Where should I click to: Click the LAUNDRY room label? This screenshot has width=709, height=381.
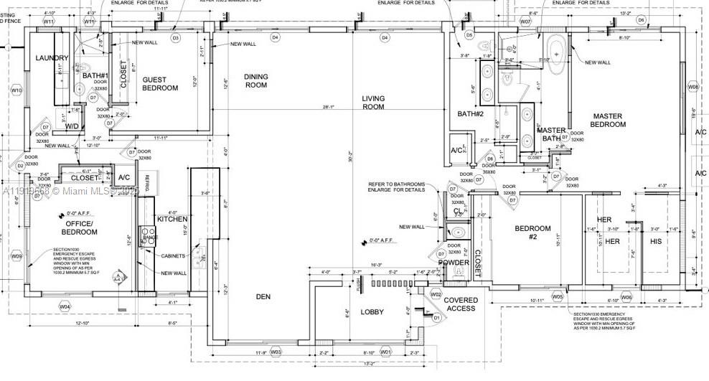tap(52, 58)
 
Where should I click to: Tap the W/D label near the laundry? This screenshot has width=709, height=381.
tap(72, 127)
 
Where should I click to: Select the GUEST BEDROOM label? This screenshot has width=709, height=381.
tap(159, 84)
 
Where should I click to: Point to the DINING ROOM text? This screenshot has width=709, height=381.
tap(255, 80)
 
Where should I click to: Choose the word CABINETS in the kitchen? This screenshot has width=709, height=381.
tap(174, 256)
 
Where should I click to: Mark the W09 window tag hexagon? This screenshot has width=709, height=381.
tap(16, 256)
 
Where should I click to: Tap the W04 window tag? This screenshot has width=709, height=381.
tap(65, 307)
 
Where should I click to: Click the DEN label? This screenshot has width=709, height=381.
tap(265, 296)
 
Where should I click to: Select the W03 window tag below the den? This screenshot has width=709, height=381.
tap(276, 352)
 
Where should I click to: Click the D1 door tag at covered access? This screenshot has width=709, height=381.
tap(436, 317)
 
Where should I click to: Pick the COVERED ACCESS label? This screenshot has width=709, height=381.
tap(460, 304)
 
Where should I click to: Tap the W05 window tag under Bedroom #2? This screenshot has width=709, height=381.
tap(558, 296)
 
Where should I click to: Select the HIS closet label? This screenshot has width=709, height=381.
tap(656, 242)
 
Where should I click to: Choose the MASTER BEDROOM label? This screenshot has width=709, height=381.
tap(609, 120)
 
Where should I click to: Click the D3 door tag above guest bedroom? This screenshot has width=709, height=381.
tap(175, 37)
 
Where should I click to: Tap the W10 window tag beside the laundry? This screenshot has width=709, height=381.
tap(17, 90)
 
